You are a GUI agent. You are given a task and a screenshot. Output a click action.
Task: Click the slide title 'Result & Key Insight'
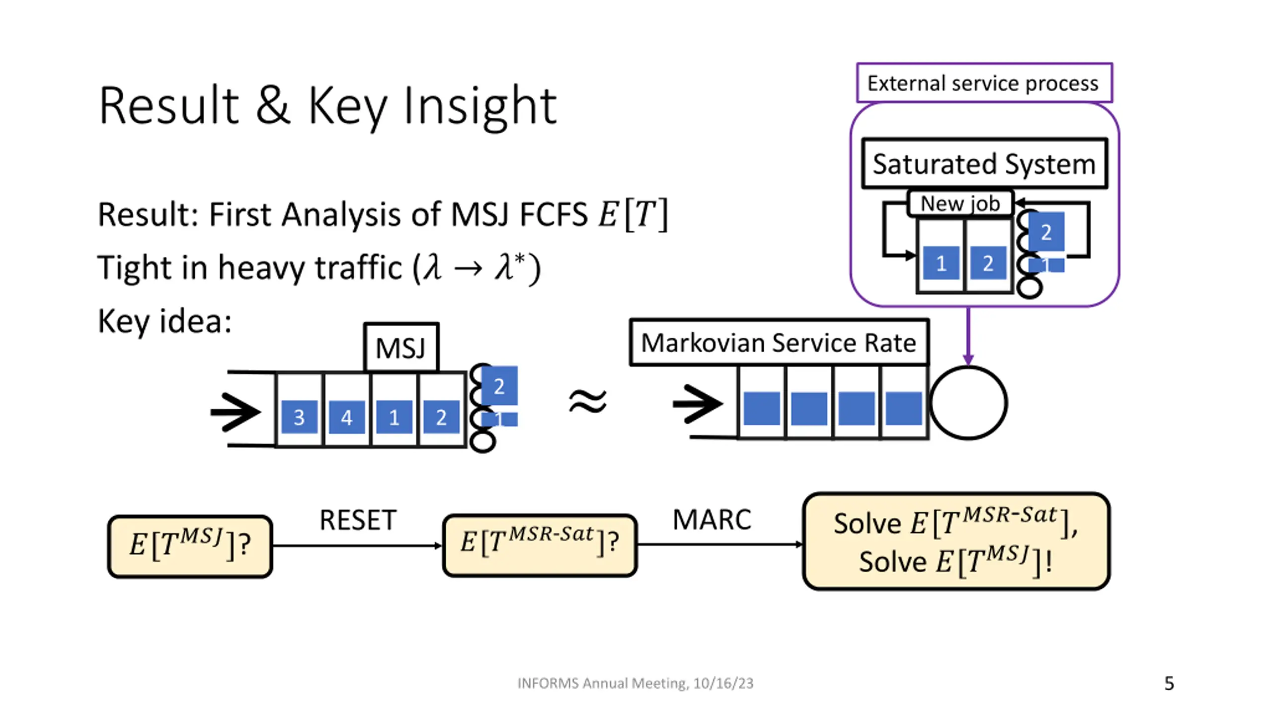coord(328,105)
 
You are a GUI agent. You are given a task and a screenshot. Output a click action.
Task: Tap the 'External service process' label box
coord(984,83)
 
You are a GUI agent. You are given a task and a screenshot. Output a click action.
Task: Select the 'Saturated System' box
coord(984,164)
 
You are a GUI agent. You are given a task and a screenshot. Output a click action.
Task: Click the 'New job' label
coord(960,203)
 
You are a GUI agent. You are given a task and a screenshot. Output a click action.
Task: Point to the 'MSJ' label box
coord(401,348)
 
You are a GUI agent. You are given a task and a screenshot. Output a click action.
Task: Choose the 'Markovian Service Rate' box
coord(779,343)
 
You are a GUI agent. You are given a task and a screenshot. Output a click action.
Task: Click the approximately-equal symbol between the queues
coord(588,402)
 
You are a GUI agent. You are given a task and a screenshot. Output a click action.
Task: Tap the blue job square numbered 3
coord(299,417)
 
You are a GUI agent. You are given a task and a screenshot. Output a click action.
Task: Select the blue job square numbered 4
coord(347,417)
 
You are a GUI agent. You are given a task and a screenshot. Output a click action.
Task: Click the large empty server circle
coord(968,403)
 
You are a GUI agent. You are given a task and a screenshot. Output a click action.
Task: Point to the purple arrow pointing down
coord(968,336)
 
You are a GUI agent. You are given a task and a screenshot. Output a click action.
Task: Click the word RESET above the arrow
coord(358,520)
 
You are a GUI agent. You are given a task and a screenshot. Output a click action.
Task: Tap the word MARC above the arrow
coord(712,520)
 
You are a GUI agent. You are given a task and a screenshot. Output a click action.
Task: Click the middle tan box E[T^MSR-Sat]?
coord(540,545)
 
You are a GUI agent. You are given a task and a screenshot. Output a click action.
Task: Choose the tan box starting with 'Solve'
coord(956,541)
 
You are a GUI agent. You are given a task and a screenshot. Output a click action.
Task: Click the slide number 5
coord(1169,683)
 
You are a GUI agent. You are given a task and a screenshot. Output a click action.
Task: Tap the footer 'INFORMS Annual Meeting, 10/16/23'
coord(635,683)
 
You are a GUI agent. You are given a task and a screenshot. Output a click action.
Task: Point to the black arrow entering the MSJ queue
coord(236,412)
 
